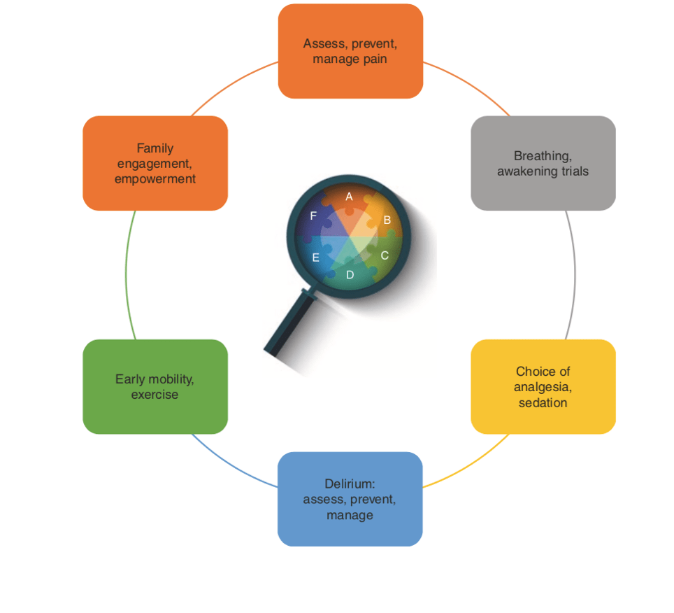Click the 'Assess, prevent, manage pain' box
click(x=350, y=51)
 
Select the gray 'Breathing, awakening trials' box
click(x=543, y=163)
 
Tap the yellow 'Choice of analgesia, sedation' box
click(x=543, y=387)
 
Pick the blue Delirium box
click(x=350, y=499)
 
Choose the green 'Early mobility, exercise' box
click(x=155, y=387)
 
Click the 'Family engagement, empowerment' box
click(x=155, y=163)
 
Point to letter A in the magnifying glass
click(x=349, y=197)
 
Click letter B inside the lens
click(x=387, y=220)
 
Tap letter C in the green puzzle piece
click(x=385, y=255)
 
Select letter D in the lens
click(x=350, y=275)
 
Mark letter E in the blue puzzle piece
click(x=315, y=258)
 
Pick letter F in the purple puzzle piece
click(x=313, y=216)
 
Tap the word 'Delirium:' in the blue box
click(x=350, y=484)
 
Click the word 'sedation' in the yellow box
click(x=543, y=403)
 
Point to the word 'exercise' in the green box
click(x=155, y=395)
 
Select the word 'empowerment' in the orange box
click(x=155, y=179)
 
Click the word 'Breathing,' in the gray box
click(x=543, y=156)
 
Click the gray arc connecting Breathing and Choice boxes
click(x=575, y=275)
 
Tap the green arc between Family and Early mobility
click(x=126, y=275)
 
